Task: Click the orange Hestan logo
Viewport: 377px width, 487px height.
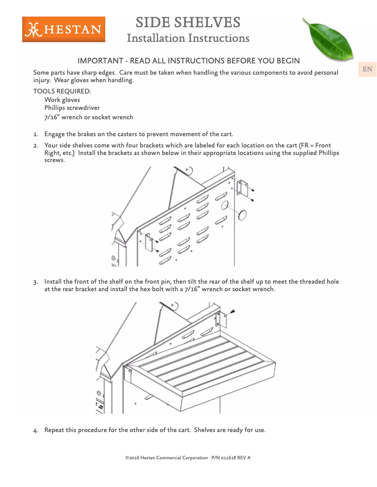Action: coord(63,30)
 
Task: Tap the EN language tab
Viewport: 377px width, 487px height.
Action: coord(367,70)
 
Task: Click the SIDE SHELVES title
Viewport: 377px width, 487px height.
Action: coord(188,22)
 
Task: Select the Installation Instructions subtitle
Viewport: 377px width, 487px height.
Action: coord(188,38)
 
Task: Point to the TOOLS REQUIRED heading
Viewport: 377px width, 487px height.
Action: coord(62,91)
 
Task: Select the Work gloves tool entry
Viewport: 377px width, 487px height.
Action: coord(62,100)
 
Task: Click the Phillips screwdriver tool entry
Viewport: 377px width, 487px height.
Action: coord(72,108)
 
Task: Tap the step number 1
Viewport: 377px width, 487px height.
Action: coord(35,135)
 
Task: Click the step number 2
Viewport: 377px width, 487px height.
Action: coord(35,146)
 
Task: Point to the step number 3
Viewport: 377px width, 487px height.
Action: coord(35,282)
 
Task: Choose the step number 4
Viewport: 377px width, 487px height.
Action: coord(35,431)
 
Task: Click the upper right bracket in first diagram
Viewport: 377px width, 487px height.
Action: coord(243,188)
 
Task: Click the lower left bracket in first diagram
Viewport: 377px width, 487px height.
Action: coord(149,241)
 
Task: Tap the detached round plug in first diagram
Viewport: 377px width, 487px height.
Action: coord(243,215)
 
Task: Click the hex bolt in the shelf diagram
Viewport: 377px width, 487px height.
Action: coord(233,312)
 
